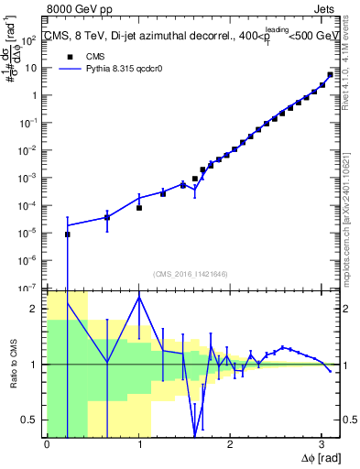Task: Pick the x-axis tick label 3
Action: click(x=322, y=444)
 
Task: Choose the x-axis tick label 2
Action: click(x=230, y=444)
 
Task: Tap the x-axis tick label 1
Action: click(x=138, y=444)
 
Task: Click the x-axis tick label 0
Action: click(x=47, y=444)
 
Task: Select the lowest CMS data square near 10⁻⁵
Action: click(x=67, y=234)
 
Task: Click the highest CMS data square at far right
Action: click(x=330, y=75)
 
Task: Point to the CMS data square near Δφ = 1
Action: click(x=139, y=208)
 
